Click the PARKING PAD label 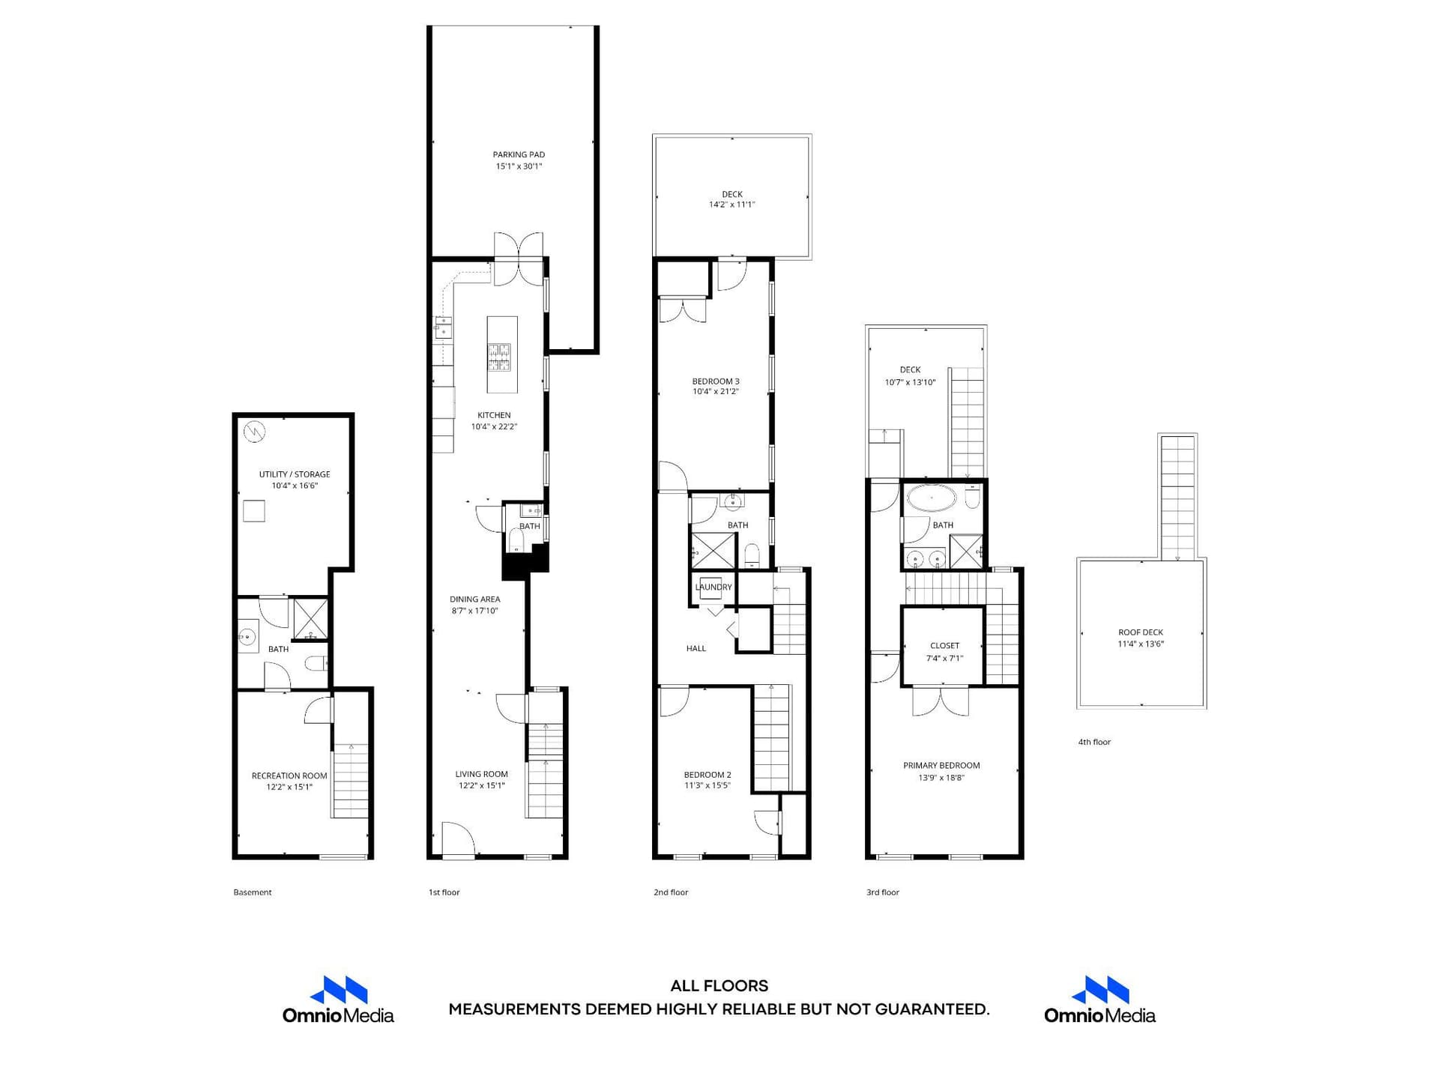tap(519, 155)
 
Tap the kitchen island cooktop tap(499, 357)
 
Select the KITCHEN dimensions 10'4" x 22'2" tap(494, 427)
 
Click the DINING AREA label tap(475, 599)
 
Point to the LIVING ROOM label tap(482, 774)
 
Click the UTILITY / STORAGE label tap(295, 474)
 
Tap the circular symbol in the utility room tap(255, 432)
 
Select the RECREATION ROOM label tap(289, 776)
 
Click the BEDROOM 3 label tap(716, 381)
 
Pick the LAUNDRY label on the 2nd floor tap(714, 587)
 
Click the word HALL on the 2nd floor tap(696, 648)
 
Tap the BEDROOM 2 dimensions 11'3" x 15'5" tap(708, 786)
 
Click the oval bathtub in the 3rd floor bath tap(932, 498)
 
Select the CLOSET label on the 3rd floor tap(945, 646)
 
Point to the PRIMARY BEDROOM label tap(941, 766)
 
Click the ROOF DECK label tap(1141, 632)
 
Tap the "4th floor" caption tap(1094, 742)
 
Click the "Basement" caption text tap(253, 892)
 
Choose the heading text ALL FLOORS tap(719, 986)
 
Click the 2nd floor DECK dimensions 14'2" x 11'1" tap(732, 205)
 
